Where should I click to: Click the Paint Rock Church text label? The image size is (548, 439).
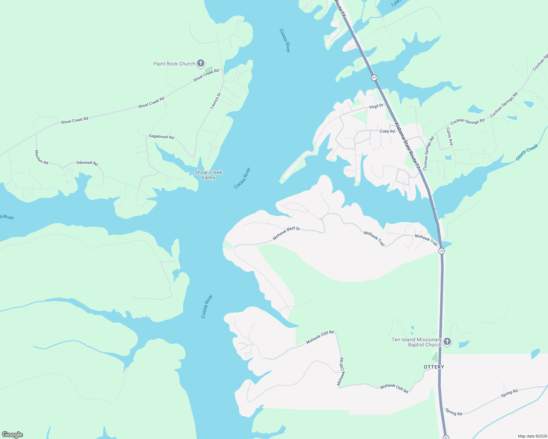coord(174,64)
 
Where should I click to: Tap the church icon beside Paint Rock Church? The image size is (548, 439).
coord(201,63)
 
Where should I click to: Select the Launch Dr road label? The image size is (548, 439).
coord(215,101)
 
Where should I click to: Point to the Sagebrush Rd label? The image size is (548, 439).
coord(161,137)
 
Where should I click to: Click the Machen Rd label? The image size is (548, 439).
coord(41,157)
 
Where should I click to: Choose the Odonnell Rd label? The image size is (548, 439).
coord(87,163)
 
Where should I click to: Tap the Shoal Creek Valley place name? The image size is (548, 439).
coord(208,175)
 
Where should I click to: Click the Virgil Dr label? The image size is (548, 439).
coord(376,106)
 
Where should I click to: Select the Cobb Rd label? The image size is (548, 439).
coord(387,131)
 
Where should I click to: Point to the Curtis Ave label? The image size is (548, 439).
coord(449,136)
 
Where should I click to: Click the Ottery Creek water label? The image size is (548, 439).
coord(527,152)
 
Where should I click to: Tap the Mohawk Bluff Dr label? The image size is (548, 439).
coord(286,233)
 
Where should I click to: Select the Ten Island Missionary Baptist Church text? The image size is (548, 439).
coord(416,342)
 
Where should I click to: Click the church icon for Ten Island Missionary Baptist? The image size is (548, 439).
coord(447,342)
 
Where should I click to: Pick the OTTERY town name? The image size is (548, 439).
coord(434,367)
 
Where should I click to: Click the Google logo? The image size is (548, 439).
coord(12,435)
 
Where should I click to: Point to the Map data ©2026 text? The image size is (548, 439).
coord(532,436)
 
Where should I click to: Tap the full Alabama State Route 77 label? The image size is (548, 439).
coord(407,146)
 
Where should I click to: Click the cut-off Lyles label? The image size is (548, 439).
coord(396,3)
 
